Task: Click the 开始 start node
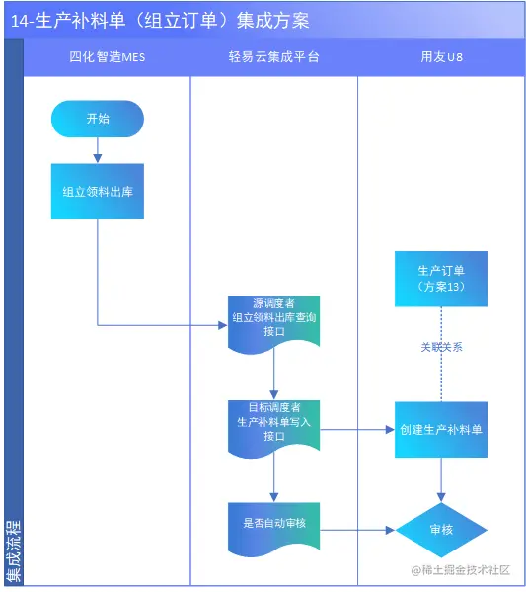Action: tap(98, 119)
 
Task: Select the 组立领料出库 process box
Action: tap(98, 192)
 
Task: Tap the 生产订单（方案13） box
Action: tap(441, 279)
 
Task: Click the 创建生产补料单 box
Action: tap(441, 430)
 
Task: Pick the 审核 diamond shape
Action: tap(441, 530)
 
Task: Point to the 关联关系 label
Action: tap(441, 347)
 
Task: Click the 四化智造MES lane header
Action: tap(108, 57)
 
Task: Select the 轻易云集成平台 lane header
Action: tap(274, 57)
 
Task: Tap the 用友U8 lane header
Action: tap(441, 57)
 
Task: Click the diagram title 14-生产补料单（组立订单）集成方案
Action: tap(160, 21)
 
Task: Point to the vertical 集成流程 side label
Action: tap(14, 551)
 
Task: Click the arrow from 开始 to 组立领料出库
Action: tap(98, 150)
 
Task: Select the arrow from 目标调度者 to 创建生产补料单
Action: tap(357, 430)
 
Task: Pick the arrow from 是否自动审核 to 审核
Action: tap(357, 530)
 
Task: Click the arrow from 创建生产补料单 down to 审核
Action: tap(441, 480)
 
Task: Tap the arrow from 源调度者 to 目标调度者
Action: tap(274, 375)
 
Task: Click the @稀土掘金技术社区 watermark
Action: tap(461, 570)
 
